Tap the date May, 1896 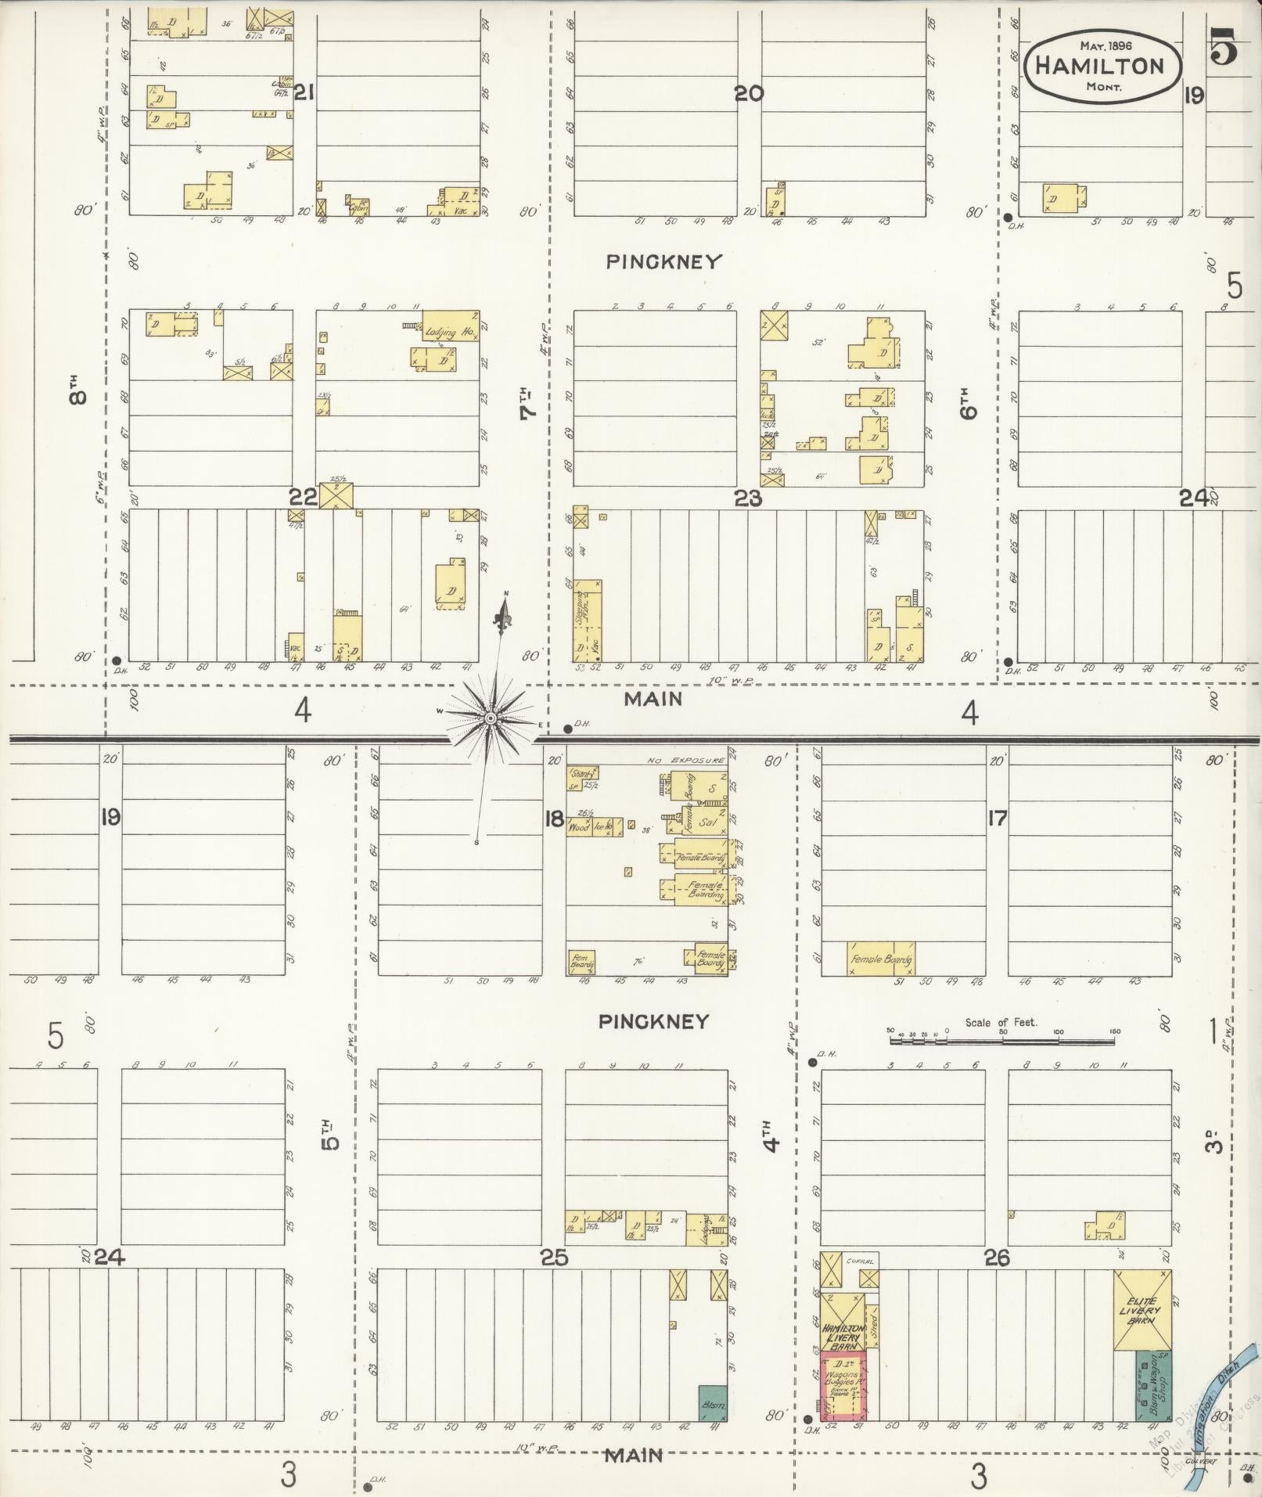pos(1103,45)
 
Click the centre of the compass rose pos(491,718)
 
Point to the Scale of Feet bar pos(1001,1041)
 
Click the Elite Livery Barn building pos(1143,1309)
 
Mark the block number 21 pos(304,94)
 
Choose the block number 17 pos(997,819)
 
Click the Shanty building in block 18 pos(582,772)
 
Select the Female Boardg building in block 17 pos(881,958)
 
